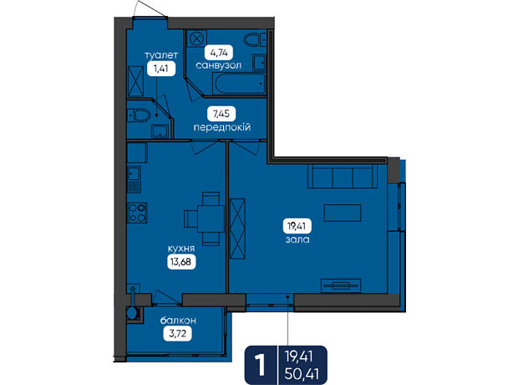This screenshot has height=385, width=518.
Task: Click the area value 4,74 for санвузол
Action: pyautogui.click(x=218, y=52)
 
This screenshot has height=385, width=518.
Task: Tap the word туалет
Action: pyautogui.click(x=161, y=55)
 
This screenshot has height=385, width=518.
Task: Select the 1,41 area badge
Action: pyautogui.click(x=161, y=69)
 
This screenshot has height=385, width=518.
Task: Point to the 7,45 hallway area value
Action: pyautogui.click(x=221, y=114)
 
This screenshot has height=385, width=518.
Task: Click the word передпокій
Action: pyautogui.click(x=222, y=127)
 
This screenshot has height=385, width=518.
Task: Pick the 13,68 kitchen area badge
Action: pyautogui.click(x=181, y=262)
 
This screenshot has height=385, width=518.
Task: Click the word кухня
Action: pyautogui.click(x=181, y=249)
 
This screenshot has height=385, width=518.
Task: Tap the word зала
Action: pyautogui.click(x=297, y=239)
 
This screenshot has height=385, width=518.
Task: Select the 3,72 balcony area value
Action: pyautogui.click(x=178, y=333)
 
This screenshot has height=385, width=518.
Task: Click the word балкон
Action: pyautogui.click(x=178, y=320)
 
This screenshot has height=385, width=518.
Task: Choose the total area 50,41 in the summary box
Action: pyautogui.click(x=302, y=374)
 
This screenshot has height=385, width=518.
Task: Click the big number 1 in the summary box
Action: pyautogui.click(x=261, y=366)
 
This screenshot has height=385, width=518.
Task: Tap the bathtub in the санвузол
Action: pyautogui.click(x=240, y=84)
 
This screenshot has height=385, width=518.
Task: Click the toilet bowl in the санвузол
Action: pyautogui.click(x=255, y=40)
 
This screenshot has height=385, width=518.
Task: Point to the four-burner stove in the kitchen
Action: pyautogui.click(x=137, y=213)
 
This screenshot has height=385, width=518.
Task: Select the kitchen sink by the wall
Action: pyautogui.click(x=135, y=179)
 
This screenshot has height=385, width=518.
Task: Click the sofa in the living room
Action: pyautogui.click(x=343, y=176)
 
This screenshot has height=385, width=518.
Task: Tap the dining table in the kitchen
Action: pyautogui.click(x=211, y=218)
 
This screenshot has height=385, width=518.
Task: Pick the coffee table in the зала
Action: pyautogui.click(x=343, y=213)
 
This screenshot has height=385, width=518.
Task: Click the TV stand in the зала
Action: pyautogui.click(x=341, y=285)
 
